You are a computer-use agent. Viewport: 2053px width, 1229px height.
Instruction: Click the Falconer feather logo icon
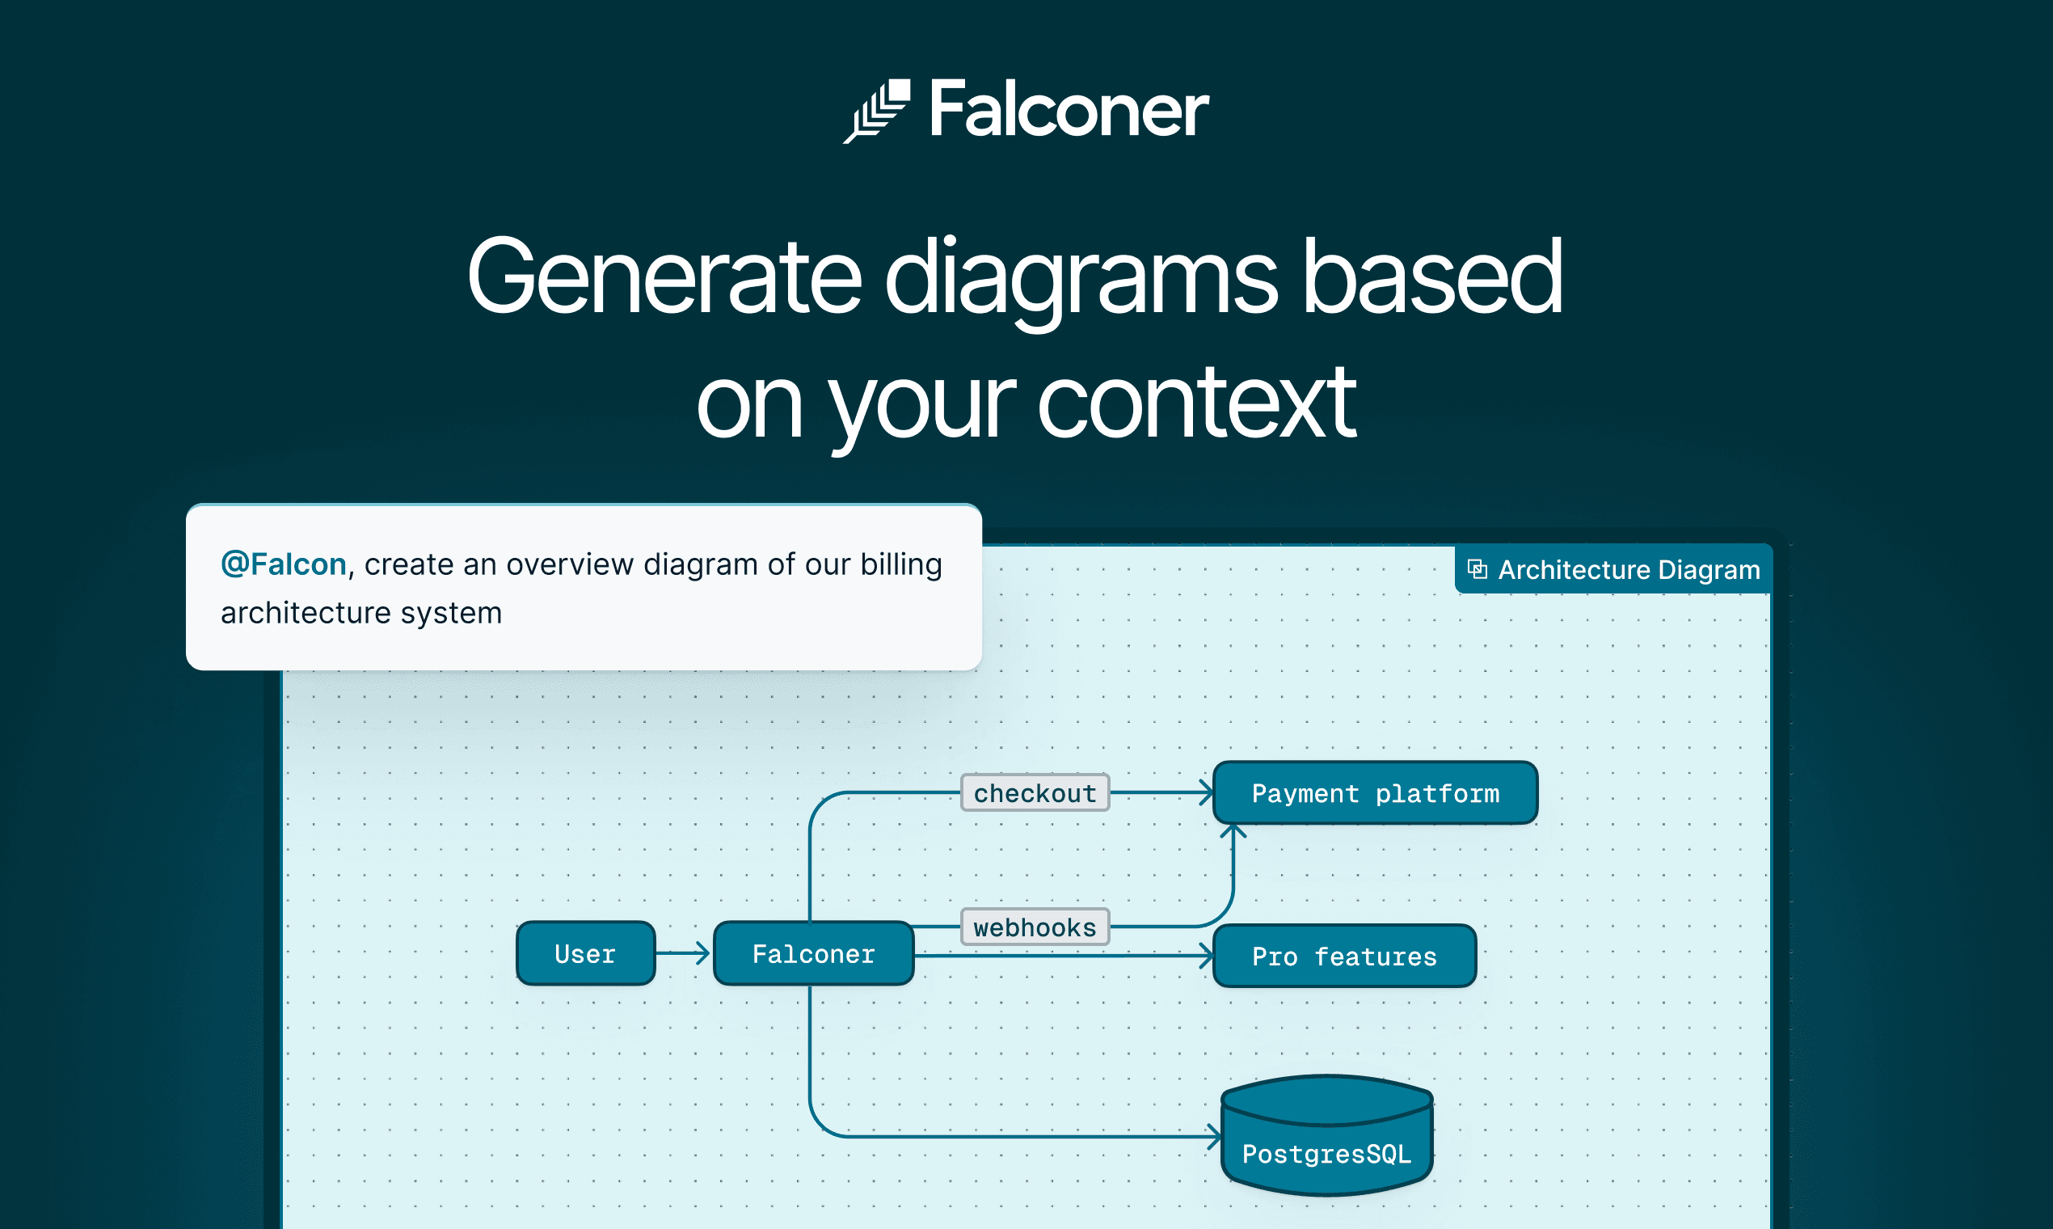(877, 111)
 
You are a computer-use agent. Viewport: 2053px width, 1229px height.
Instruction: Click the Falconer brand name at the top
(1068, 109)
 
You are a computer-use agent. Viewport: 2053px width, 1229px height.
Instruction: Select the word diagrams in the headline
(1081, 277)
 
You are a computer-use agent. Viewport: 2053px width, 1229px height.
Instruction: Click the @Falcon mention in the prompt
(283, 565)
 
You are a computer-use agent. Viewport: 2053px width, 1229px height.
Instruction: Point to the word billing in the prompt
(900, 565)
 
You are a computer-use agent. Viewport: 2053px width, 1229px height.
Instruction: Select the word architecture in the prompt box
(306, 614)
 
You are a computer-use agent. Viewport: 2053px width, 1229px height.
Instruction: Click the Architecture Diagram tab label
(1629, 570)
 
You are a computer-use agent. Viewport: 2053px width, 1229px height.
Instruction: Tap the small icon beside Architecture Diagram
(1477, 569)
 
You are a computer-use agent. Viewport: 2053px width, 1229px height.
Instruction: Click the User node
(585, 954)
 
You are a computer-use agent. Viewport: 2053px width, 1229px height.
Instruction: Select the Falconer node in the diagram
(813, 954)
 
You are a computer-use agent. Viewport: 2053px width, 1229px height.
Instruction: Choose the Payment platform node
(1374, 793)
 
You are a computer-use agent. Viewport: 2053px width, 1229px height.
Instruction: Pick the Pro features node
(1343, 957)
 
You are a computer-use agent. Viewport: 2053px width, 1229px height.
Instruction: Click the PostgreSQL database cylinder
(1326, 1136)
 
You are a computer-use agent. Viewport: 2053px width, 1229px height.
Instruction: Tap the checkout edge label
(1035, 793)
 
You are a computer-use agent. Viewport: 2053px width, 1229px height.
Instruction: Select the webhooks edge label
(1035, 927)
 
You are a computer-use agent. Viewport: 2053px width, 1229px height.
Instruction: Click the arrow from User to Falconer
(683, 953)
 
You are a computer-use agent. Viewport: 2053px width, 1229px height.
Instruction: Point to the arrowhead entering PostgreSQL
(1213, 1137)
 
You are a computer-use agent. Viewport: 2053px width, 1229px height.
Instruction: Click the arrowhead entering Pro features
(1206, 956)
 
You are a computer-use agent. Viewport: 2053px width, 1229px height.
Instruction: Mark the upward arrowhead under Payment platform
(1233, 830)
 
